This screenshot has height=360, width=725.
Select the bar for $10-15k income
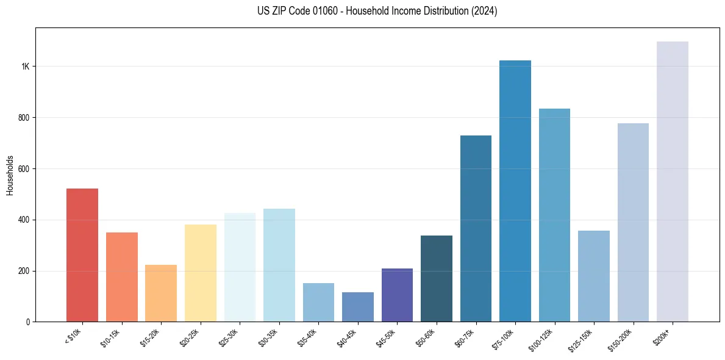(x=121, y=277)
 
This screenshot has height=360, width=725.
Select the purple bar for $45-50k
(x=397, y=295)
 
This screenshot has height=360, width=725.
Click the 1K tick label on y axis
(x=24, y=67)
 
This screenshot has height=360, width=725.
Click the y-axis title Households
(x=10, y=175)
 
